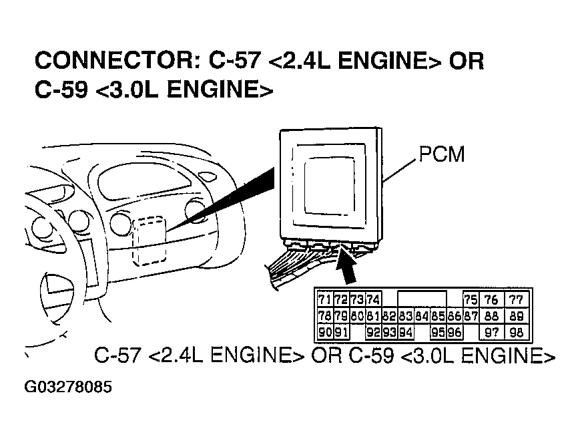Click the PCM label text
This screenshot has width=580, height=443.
[441, 155]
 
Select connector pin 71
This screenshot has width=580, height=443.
[325, 300]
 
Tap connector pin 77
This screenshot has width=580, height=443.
[516, 300]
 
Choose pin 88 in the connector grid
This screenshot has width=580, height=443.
[492, 316]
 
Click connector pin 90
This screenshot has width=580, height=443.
[325, 332]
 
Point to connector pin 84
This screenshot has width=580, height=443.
[421, 316]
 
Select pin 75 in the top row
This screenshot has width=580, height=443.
[471, 300]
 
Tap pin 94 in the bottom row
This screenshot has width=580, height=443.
[406, 332]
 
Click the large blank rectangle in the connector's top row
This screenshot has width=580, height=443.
[422, 299]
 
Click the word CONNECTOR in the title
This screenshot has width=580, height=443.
[113, 61]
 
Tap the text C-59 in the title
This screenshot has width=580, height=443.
[60, 90]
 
